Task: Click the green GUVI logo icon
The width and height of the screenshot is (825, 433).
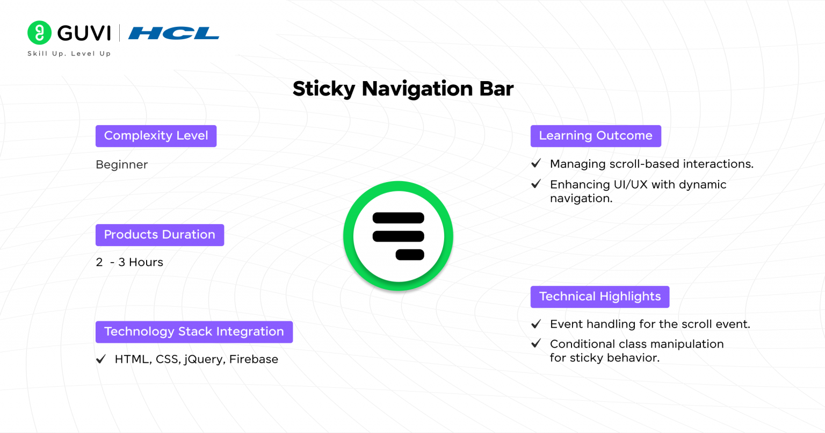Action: point(39,33)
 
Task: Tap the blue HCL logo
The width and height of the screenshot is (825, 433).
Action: point(173,33)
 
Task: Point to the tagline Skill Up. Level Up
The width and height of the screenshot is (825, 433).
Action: point(69,54)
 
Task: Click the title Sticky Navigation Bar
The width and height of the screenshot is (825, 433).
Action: point(403,89)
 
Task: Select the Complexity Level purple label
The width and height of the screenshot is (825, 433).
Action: point(156,136)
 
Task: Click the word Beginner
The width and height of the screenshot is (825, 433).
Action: point(121,165)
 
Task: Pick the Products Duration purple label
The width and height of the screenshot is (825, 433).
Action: point(160,235)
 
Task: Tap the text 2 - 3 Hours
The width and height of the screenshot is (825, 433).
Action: point(129,262)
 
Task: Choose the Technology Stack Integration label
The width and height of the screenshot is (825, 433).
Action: point(194,332)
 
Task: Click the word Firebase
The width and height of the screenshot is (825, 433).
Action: point(254,359)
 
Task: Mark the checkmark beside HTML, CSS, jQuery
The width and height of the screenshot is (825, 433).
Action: point(101,359)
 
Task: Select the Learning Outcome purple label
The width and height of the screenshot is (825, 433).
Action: point(596,136)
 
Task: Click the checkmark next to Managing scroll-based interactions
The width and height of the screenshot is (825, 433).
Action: point(536,163)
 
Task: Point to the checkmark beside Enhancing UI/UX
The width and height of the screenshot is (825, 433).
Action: point(536,184)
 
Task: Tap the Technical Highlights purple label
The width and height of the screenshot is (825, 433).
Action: point(600,297)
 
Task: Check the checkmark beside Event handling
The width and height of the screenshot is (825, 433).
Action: point(536,324)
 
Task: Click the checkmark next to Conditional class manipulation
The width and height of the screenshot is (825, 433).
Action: point(536,343)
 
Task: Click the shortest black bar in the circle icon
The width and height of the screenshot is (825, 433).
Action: point(410,255)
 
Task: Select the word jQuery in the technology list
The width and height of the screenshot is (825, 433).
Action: point(204,359)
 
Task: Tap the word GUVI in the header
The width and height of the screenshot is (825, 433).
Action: point(84,33)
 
